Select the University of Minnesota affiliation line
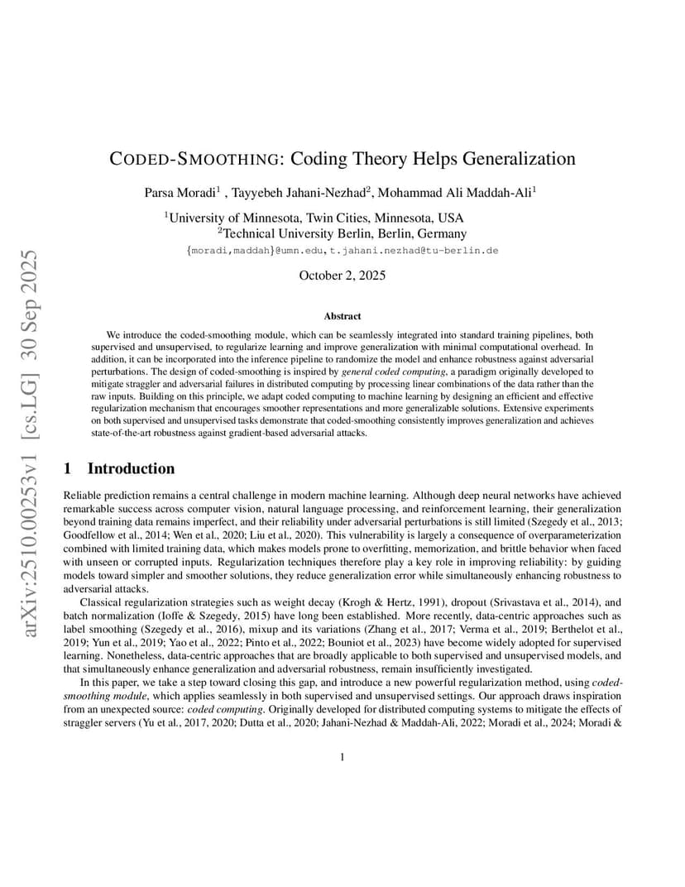click(x=315, y=218)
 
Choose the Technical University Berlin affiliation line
click(x=342, y=234)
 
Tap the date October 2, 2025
click(x=342, y=276)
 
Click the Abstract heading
click(x=342, y=316)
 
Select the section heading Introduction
click(x=131, y=469)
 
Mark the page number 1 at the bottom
click(x=342, y=757)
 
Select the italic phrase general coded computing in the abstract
click(x=389, y=372)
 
